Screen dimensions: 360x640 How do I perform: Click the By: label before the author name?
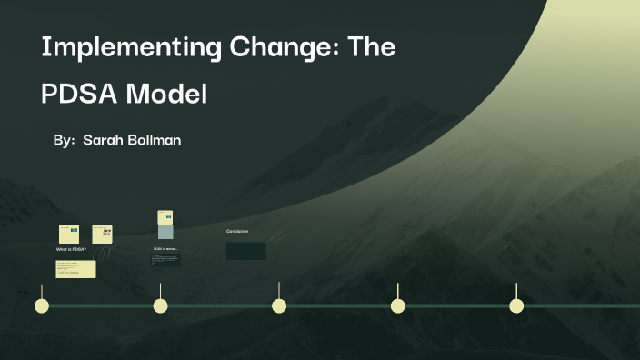pos(64,141)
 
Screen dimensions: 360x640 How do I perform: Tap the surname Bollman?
pos(155,141)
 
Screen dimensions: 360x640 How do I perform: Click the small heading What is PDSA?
pos(71,248)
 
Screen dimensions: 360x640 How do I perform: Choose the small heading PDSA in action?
pos(165,248)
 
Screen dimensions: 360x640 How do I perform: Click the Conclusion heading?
pos(237,232)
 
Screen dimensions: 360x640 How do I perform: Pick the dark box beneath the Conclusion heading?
pos(245,250)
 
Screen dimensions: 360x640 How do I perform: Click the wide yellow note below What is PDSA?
pos(75,269)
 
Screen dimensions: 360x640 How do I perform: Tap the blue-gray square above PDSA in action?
pos(165,233)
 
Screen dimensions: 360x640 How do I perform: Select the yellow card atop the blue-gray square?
pos(165,218)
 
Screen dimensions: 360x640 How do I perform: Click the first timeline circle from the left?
pos(41,305)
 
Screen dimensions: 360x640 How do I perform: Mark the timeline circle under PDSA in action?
pos(160,305)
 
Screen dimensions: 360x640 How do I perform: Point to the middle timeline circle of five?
pos(279,305)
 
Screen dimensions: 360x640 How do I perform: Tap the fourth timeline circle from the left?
pos(397,305)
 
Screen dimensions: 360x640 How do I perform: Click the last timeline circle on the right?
pos(516,305)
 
